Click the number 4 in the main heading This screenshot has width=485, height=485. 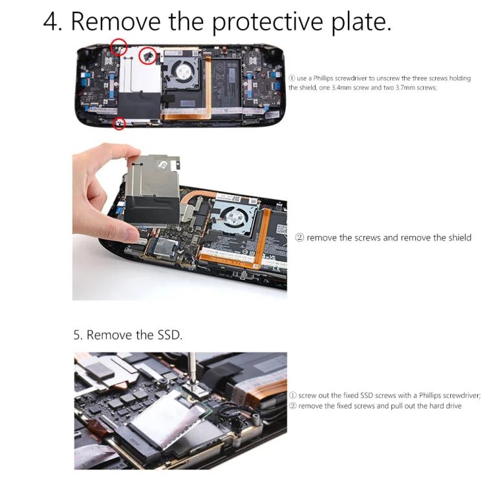click(51, 21)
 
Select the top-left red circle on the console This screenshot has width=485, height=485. click(118, 46)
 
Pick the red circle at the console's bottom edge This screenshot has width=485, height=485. click(118, 123)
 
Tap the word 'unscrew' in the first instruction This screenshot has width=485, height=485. click(384, 77)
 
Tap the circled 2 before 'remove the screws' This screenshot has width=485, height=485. click(299, 238)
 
